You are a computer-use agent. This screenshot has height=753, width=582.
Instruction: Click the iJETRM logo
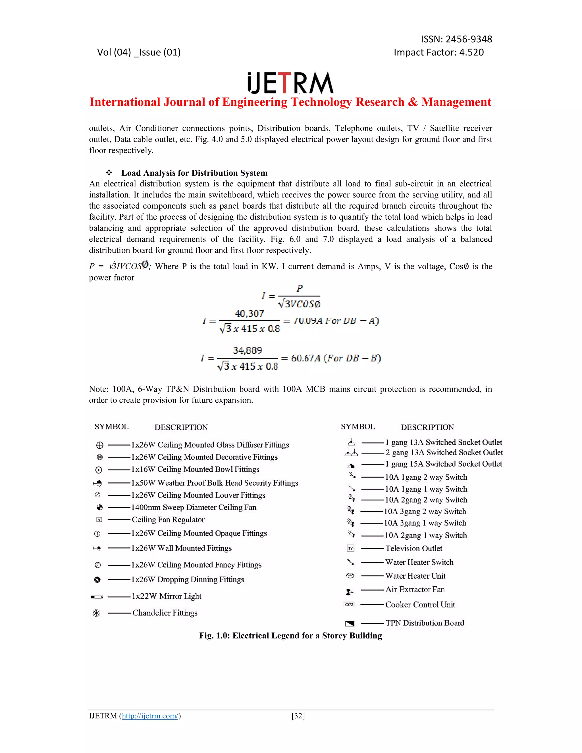tap(290, 83)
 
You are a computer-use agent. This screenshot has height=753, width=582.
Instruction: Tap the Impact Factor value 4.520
tap(471, 52)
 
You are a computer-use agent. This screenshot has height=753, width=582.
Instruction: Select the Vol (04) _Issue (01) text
tap(139, 52)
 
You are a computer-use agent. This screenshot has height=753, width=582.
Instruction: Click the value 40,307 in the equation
tap(249, 313)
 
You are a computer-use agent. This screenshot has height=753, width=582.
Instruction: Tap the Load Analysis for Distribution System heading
tap(194, 173)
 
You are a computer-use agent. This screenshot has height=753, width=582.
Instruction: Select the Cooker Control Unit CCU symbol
tap(349, 604)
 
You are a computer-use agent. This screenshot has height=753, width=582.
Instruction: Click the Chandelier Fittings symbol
tap(97, 613)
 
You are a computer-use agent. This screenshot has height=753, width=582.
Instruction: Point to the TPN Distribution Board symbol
tap(350, 623)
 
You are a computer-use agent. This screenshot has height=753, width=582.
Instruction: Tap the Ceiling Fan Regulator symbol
tap(99, 520)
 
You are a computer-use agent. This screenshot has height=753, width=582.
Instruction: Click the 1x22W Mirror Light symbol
tap(97, 596)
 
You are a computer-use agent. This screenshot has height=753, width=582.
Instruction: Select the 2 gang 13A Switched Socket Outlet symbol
tap(351, 453)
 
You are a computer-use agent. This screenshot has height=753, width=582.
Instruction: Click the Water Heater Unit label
tap(415, 576)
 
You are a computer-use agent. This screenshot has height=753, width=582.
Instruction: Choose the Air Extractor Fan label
tap(415, 590)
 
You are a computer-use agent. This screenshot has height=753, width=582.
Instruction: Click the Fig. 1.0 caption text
tap(290, 635)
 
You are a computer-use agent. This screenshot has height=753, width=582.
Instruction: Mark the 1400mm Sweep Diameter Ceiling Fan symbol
tap(100, 507)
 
